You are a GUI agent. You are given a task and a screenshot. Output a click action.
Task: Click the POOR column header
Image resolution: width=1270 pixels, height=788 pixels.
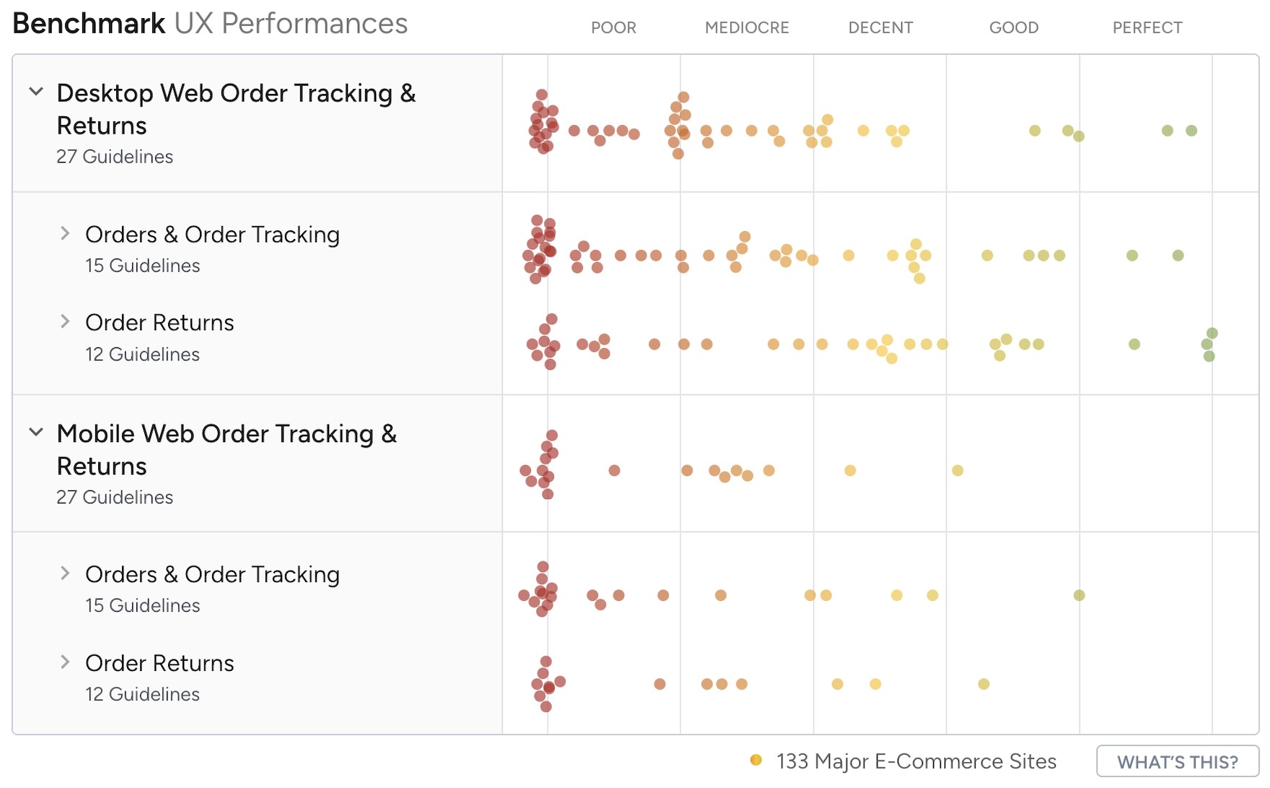point(613,27)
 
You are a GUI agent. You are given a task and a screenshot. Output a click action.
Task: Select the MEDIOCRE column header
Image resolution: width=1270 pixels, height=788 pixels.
point(747,27)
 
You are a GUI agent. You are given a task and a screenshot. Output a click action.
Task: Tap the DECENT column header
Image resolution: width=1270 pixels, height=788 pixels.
point(880,27)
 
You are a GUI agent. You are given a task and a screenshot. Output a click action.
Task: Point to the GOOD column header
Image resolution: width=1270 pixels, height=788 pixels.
point(1014,27)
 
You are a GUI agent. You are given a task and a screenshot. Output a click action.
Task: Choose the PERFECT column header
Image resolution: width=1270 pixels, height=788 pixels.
point(1147,27)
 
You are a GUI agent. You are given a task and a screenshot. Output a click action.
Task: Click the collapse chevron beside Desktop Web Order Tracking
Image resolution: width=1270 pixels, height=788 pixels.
point(36,92)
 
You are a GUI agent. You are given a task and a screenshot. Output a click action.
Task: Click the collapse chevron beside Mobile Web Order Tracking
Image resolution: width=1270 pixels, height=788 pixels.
point(36,432)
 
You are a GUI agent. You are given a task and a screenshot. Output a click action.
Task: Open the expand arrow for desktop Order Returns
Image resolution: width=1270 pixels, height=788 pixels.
point(65,321)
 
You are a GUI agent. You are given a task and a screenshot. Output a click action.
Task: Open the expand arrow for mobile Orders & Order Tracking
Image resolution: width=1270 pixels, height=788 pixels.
point(65,573)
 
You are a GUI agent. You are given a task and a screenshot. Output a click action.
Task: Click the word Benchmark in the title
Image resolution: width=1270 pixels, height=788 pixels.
point(89,24)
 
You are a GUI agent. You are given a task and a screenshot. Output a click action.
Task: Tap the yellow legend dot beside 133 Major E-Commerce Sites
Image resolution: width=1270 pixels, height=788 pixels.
point(756,760)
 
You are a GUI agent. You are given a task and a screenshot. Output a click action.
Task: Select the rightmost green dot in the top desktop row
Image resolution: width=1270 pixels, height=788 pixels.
point(1191,131)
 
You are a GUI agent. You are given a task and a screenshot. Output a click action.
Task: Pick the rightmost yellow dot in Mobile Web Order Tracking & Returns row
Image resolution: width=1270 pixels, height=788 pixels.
point(958,471)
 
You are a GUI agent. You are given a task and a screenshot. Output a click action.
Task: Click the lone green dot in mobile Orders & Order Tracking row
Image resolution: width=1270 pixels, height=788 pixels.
point(1079,595)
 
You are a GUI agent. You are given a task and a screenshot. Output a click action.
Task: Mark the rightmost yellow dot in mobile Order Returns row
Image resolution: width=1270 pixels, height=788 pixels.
point(984,684)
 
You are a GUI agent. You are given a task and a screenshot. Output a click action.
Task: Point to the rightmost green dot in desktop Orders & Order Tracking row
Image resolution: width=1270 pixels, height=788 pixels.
point(1178,256)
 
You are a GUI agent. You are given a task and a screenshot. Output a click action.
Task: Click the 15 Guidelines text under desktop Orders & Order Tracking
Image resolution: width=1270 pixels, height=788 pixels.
point(142,266)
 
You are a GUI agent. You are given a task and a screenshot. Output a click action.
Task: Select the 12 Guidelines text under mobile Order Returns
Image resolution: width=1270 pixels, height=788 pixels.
point(142,694)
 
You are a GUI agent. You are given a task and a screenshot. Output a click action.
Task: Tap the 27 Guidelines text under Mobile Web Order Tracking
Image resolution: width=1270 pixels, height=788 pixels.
point(115,498)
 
